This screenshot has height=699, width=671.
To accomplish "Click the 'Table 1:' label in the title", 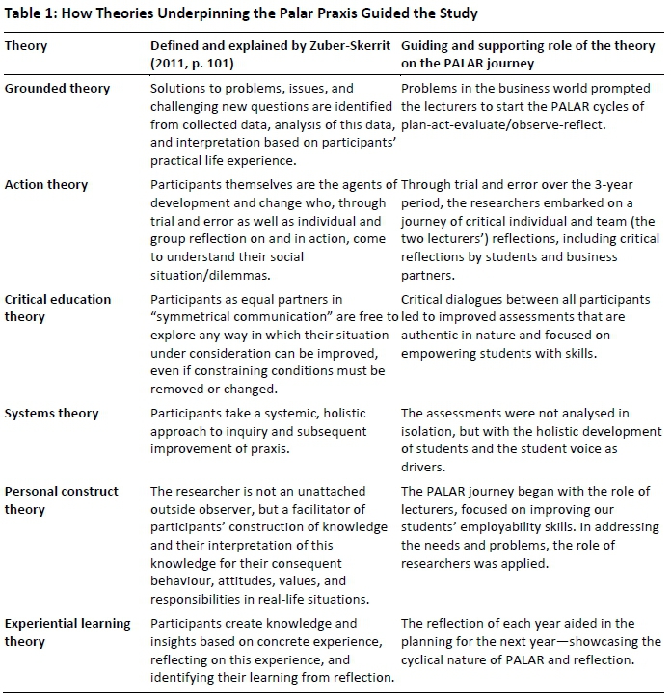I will (x=34, y=13).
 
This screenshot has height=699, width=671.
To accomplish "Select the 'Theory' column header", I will (x=26, y=45).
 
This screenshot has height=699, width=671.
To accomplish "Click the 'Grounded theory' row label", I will (x=57, y=88).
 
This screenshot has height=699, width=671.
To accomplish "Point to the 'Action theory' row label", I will (x=47, y=184).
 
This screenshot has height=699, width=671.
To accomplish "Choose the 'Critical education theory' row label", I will (x=57, y=308).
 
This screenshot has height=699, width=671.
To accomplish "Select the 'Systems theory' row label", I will (x=52, y=414).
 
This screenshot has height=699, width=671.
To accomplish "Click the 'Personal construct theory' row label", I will (x=61, y=499).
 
